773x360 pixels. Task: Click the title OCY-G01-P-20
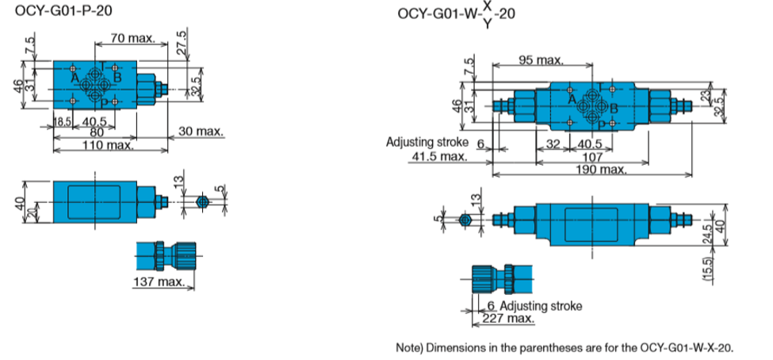point(63,10)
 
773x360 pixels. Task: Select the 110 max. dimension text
point(109,145)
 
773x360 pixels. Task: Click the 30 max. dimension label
point(200,131)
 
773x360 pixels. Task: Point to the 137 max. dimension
point(159,282)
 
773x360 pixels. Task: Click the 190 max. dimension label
point(602,169)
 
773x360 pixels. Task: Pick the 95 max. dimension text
point(540,60)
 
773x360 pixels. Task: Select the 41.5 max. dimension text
point(438,157)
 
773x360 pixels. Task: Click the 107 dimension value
point(592,157)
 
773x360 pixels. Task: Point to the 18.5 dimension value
point(63,121)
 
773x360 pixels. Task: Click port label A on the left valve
point(75,79)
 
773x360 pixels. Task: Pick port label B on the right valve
point(614,109)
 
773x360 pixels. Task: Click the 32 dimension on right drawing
point(553,144)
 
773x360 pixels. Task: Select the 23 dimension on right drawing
point(707,95)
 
